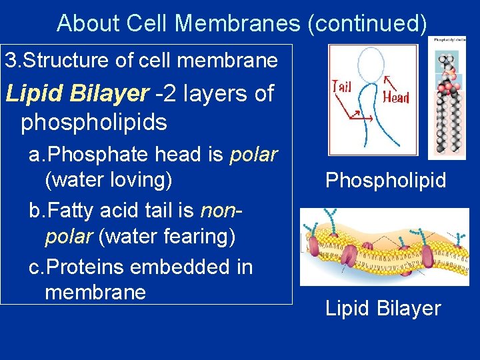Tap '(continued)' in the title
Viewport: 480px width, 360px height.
point(366,23)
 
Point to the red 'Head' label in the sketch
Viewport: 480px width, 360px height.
point(396,97)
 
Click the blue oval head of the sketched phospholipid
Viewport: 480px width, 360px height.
point(371,65)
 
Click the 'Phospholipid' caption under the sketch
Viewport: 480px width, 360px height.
point(385,181)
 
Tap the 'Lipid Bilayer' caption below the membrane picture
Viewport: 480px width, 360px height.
point(383,308)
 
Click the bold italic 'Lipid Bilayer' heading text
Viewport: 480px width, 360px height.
point(77,94)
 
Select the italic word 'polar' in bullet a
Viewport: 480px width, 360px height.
point(253,155)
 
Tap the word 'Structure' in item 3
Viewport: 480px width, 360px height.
point(75,61)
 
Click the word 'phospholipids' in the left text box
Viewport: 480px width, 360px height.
point(93,123)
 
